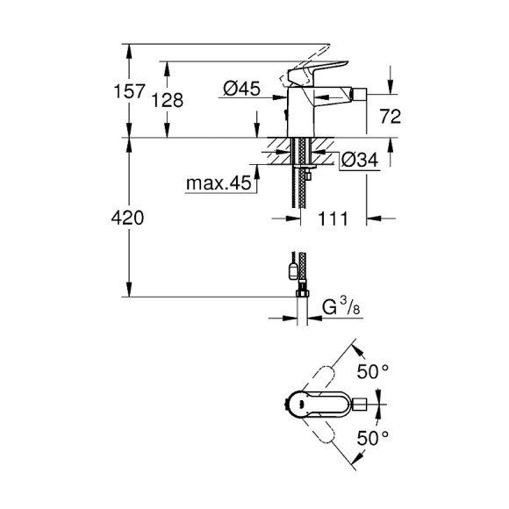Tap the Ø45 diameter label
[240, 88]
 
